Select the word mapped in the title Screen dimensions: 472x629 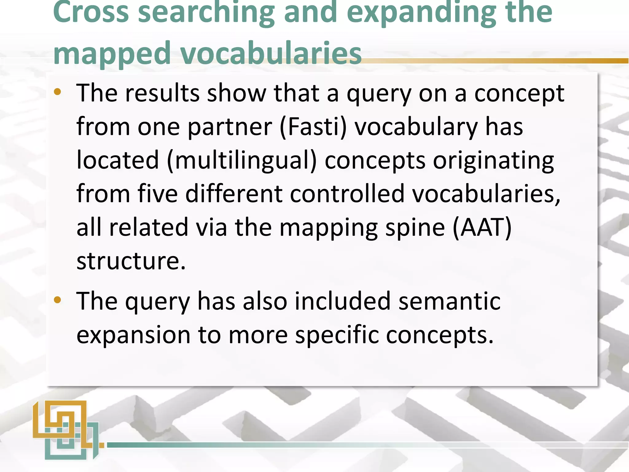click(112, 53)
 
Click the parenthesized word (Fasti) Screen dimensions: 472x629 click(313, 127)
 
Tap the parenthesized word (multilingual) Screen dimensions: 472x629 click(242, 160)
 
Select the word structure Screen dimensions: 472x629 click(131, 261)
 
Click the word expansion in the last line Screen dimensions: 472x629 click(133, 335)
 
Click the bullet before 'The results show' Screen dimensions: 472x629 click(57, 92)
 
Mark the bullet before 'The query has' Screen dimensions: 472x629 click(57, 300)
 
